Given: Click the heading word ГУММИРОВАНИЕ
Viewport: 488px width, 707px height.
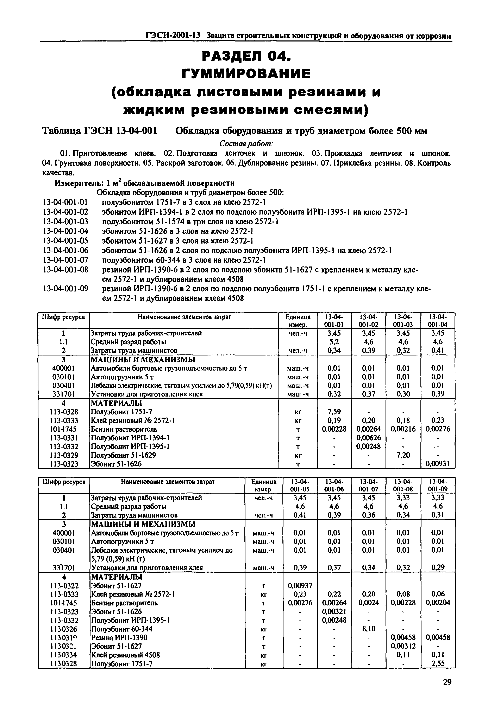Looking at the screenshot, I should [x=246, y=73].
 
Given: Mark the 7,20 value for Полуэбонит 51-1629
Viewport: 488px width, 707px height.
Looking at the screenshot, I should [x=403, y=455].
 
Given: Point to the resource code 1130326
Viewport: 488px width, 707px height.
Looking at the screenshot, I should [x=64, y=629].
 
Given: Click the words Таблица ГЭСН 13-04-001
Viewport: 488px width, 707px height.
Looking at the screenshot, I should [x=99, y=131].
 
